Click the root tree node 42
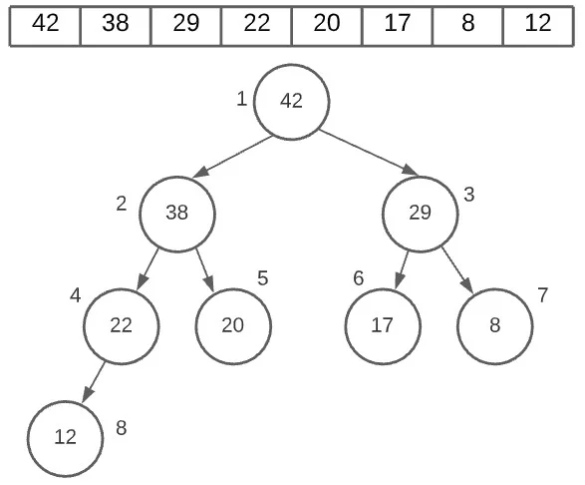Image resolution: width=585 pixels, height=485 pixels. pos(291,102)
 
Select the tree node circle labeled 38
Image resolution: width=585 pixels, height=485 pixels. pos(177,213)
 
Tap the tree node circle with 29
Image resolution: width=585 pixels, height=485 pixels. pos(421,213)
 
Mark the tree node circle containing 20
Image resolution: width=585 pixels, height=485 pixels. pos(233,325)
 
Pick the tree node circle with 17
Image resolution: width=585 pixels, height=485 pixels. pos(383,325)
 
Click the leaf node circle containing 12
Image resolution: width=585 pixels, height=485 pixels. pos(65,438)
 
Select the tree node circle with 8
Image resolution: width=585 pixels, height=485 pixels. pos(495,325)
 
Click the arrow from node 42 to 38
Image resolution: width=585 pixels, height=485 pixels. pos(234,157)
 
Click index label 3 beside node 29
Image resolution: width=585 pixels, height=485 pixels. pos(469,195)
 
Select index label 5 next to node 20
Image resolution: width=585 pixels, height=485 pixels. pos(263,277)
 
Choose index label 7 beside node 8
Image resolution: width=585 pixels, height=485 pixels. pos(543,295)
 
